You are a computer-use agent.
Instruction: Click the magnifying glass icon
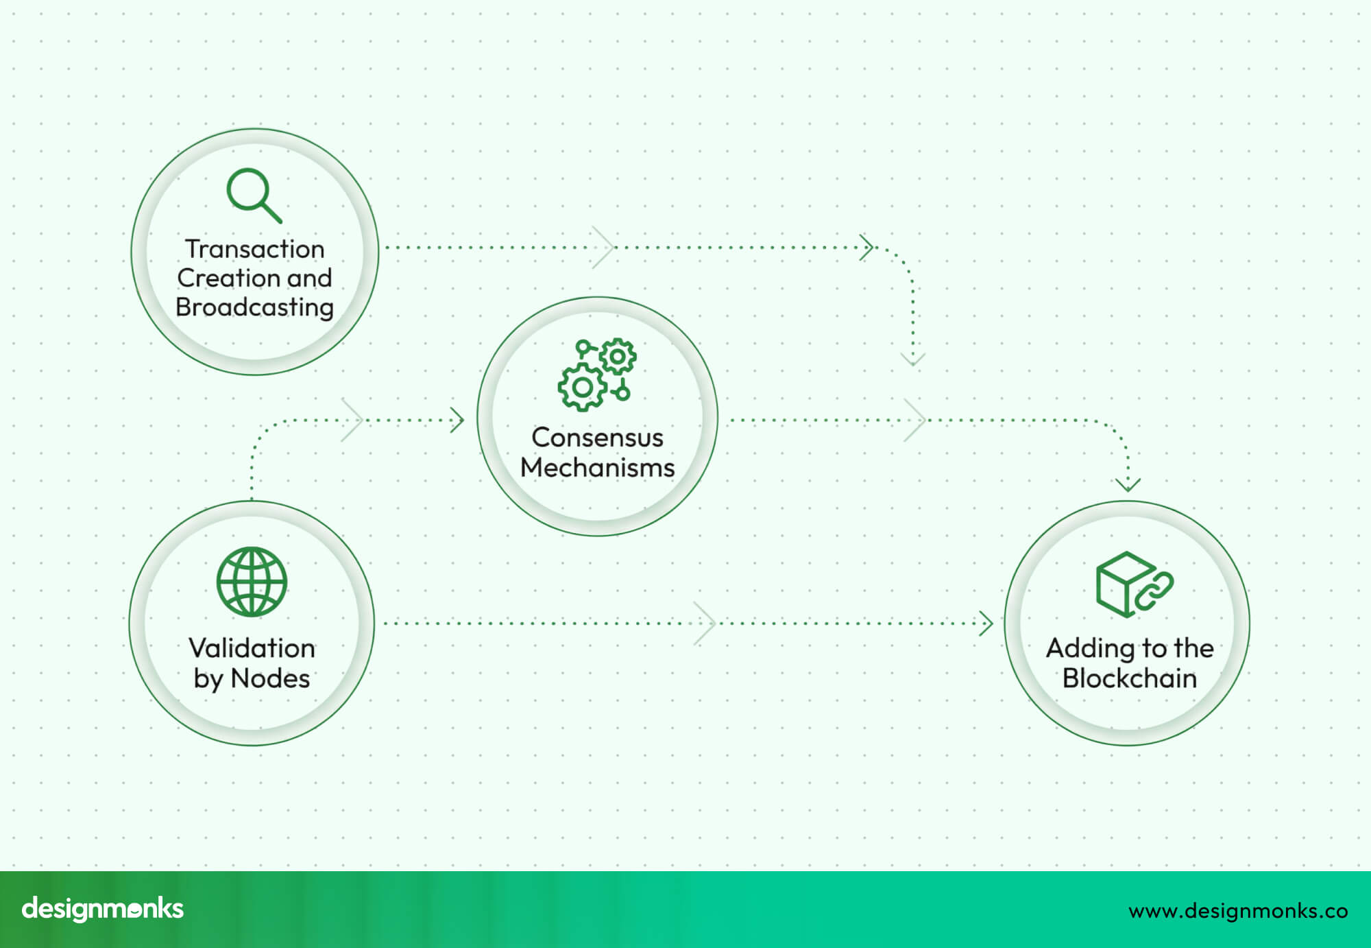[x=254, y=195]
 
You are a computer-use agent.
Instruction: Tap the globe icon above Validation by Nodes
[x=252, y=581]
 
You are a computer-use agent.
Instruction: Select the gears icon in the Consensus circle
[x=597, y=375]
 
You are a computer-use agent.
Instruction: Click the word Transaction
[x=254, y=249]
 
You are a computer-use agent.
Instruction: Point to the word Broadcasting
[x=254, y=307]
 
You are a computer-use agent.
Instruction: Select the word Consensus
[x=597, y=438]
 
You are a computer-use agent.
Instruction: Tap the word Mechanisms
[x=597, y=468]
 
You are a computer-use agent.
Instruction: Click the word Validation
[x=252, y=648]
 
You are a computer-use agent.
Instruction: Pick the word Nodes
[x=270, y=678]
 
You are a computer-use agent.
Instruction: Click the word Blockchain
[x=1129, y=678]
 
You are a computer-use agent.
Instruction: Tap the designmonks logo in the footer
[x=103, y=909]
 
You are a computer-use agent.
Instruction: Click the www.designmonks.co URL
[x=1237, y=911]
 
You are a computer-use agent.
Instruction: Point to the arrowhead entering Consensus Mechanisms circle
[x=457, y=420]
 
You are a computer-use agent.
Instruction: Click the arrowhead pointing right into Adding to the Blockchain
[x=987, y=624]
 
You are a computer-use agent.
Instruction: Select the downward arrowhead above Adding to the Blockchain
[x=1128, y=485]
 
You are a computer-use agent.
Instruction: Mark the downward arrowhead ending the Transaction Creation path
[x=913, y=359]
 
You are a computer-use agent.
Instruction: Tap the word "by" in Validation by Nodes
[x=208, y=679]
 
